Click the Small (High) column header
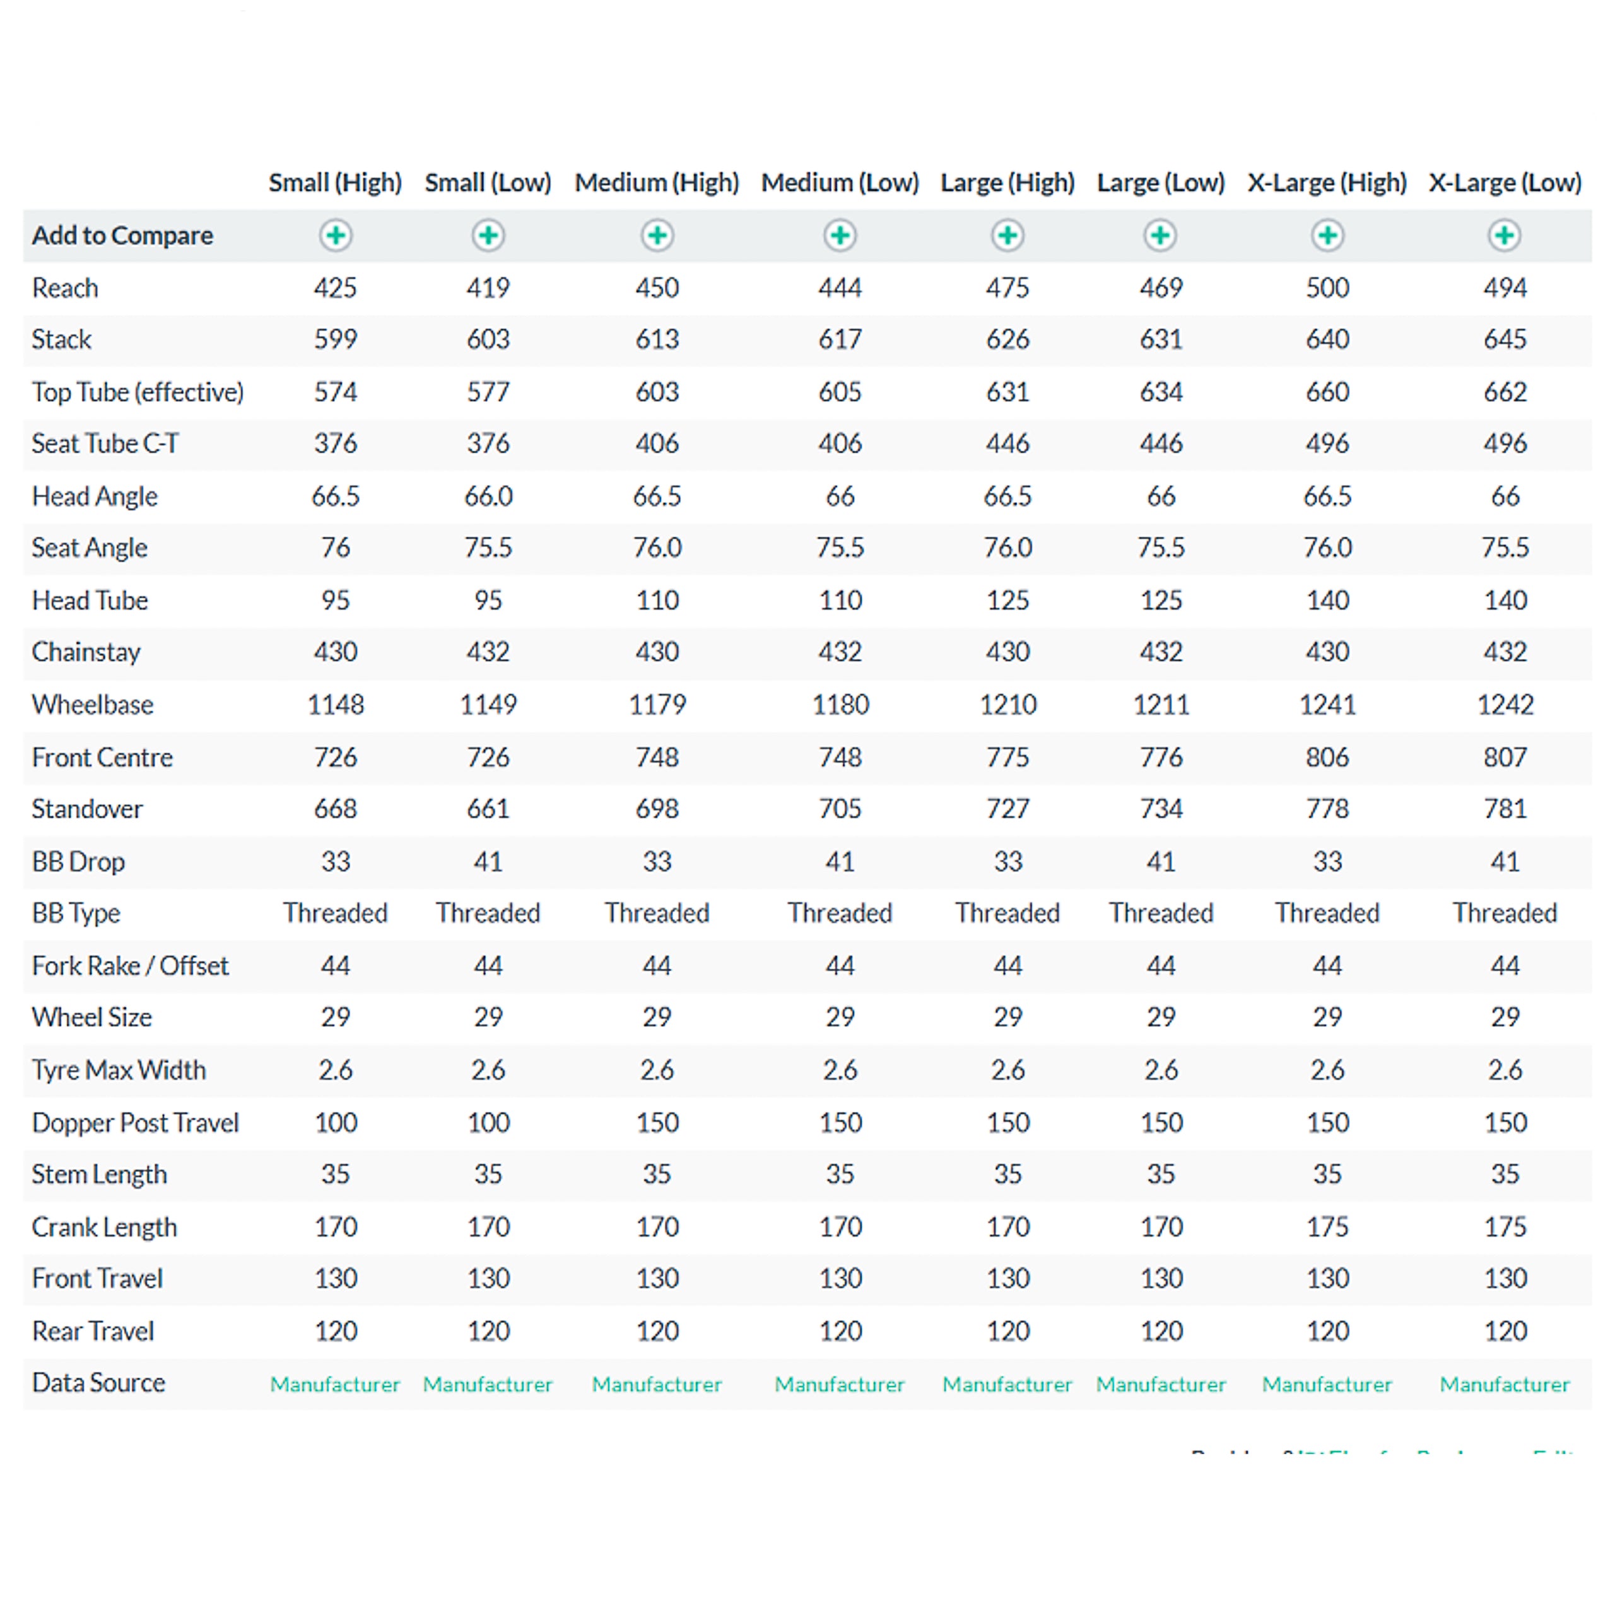click(335, 182)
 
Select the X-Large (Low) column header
click(1505, 182)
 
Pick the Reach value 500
click(1327, 288)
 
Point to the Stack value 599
click(335, 339)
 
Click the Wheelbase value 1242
click(1505, 705)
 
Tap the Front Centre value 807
click(1505, 757)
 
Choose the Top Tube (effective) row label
click(138, 392)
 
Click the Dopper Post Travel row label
click(136, 1123)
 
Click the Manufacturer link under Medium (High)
click(657, 1384)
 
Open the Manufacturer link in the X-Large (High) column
click(1327, 1384)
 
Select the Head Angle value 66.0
click(488, 496)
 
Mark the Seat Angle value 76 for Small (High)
click(335, 548)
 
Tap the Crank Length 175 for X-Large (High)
click(1327, 1227)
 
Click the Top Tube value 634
click(1161, 392)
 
